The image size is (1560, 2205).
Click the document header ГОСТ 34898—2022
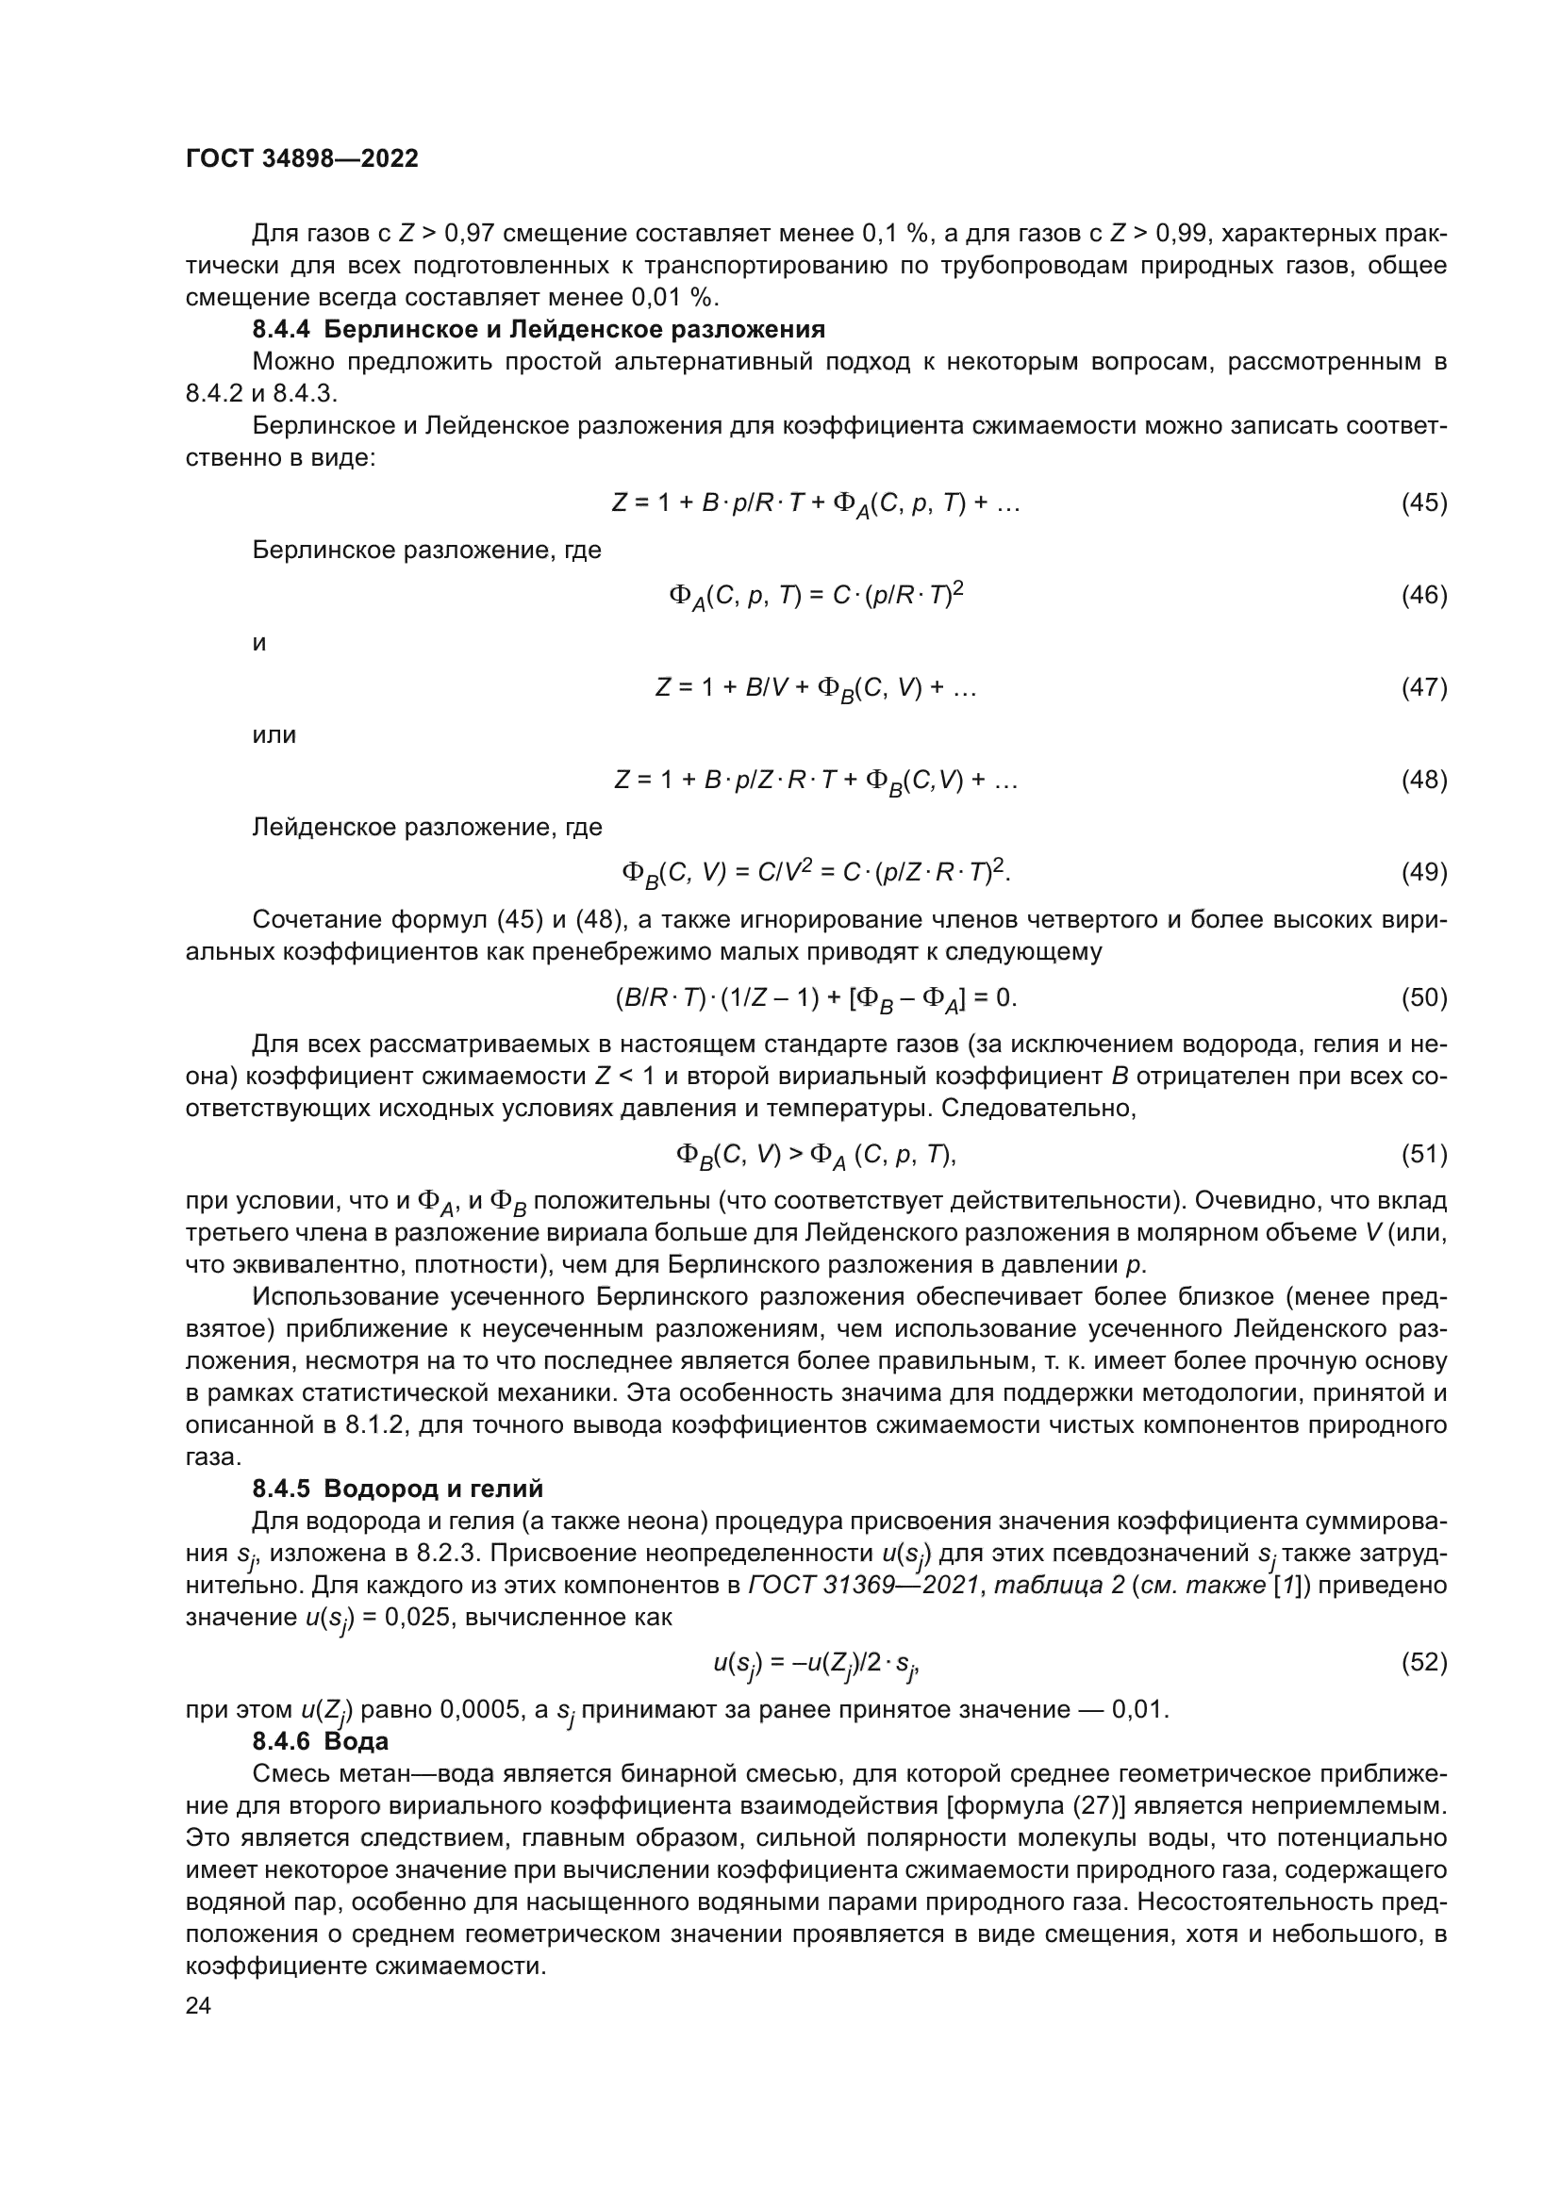302,159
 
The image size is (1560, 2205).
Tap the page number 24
198,2005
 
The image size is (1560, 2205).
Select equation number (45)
1423,502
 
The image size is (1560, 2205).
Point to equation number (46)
1423,596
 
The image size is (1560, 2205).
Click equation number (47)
1423,687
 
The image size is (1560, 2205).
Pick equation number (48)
1423,780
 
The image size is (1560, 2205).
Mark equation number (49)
1423,872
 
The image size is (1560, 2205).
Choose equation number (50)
1423,997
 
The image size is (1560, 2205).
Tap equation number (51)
1423,1153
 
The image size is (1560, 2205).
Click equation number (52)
1423,1662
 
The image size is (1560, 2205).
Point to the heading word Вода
357,1741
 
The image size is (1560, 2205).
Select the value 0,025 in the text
421,1617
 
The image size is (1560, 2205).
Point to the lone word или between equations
274,734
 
